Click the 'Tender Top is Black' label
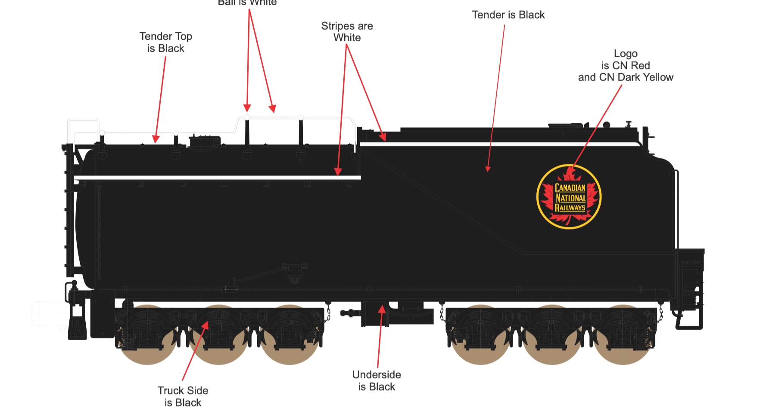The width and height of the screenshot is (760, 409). [166, 42]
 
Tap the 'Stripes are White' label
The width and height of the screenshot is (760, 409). [347, 32]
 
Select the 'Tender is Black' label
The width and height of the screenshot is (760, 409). [508, 15]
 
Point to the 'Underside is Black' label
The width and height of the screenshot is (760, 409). [377, 381]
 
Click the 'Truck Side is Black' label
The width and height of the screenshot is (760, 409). [183, 396]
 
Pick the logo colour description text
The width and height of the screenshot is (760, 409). [626, 65]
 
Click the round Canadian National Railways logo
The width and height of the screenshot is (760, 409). [569, 197]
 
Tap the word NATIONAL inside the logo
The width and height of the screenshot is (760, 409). [570, 198]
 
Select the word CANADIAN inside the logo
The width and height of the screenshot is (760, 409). [570, 188]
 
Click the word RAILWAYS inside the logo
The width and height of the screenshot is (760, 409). [570, 208]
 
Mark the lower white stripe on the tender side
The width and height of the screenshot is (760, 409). [218, 177]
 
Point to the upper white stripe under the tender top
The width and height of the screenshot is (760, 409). [495, 144]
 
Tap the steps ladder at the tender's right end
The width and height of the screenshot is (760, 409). [689, 301]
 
